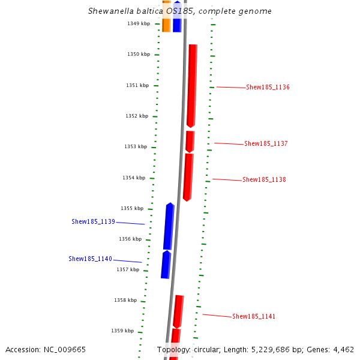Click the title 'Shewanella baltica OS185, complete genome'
(179, 11)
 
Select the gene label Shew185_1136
(268, 88)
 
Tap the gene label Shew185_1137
(266, 144)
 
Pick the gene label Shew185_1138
(264, 180)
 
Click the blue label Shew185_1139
(93, 222)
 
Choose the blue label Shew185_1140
(90, 259)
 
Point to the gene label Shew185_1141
(254, 317)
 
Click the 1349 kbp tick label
(137, 23)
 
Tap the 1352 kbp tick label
(136, 116)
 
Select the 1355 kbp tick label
(132, 208)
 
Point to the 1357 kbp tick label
(128, 270)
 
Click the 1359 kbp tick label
(122, 331)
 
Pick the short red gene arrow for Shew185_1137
(190, 142)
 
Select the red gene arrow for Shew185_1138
(188, 177)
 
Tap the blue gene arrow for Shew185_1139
(169, 226)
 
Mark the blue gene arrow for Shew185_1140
(166, 265)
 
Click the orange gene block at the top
(166, 17)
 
